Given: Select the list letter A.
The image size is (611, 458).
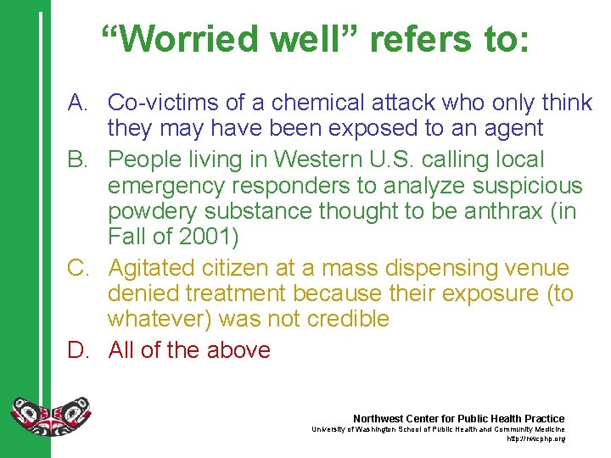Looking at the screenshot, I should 78,103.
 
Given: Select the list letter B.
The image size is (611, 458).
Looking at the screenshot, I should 78,159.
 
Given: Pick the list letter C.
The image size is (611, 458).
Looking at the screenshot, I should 78,268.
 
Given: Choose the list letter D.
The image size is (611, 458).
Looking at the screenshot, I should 78,349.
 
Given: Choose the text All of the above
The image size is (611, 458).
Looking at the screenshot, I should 189,349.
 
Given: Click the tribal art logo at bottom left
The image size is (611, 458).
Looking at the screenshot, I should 50,416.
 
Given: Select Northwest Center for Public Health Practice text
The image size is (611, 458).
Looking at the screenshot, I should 458,419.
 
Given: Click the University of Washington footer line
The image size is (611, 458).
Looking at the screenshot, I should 438,430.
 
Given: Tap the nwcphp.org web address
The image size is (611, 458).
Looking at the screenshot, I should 535,439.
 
